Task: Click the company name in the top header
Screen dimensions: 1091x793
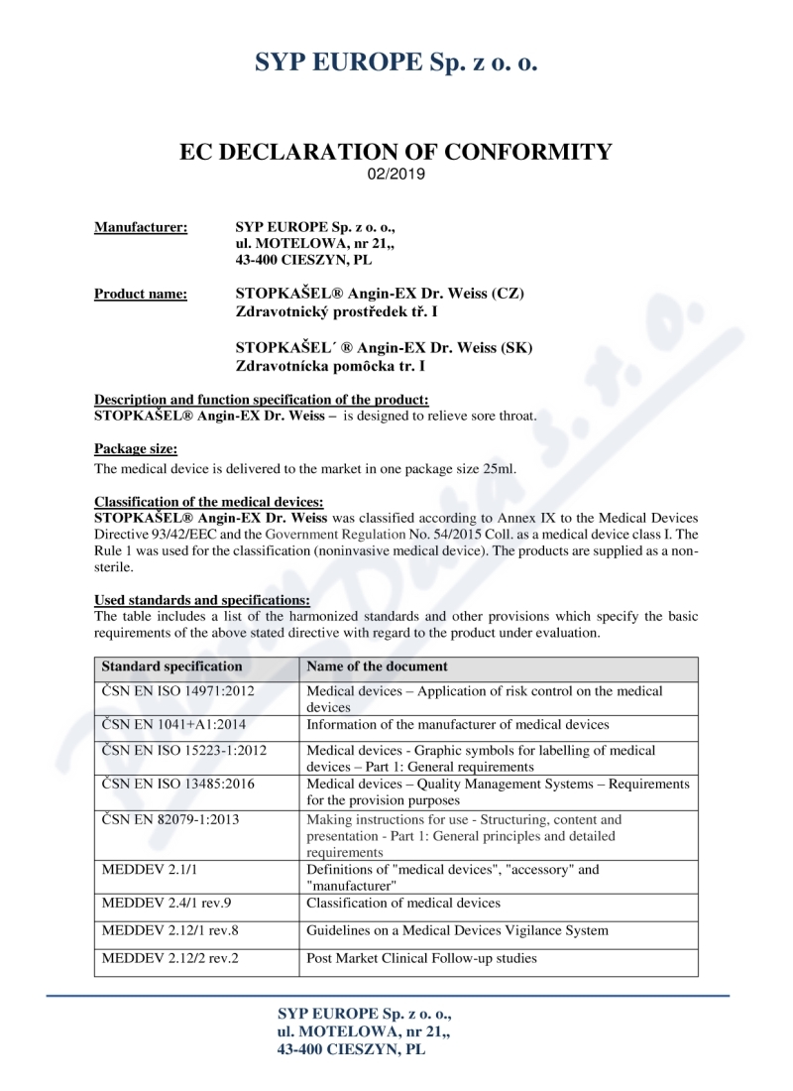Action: click(396, 61)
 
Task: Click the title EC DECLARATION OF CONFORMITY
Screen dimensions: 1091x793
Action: click(396, 152)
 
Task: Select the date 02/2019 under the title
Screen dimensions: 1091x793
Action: click(396, 175)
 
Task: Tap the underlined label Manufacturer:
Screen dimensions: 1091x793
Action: click(141, 228)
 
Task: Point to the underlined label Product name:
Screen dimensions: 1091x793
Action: click(141, 294)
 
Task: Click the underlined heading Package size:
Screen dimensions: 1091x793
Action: click(136, 449)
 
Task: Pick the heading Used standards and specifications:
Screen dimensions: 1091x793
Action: click(202, 600)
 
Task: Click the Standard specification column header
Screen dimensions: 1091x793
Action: click(171, 667)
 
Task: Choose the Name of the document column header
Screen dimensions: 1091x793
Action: click(377, 667)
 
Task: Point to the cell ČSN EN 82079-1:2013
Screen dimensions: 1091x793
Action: click(170, 820)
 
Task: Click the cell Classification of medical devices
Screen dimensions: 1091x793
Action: click(403, 904)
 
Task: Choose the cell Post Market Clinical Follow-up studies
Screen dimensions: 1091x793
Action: click(422, 959)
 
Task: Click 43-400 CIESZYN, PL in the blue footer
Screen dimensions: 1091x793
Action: click(352, 1048)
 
